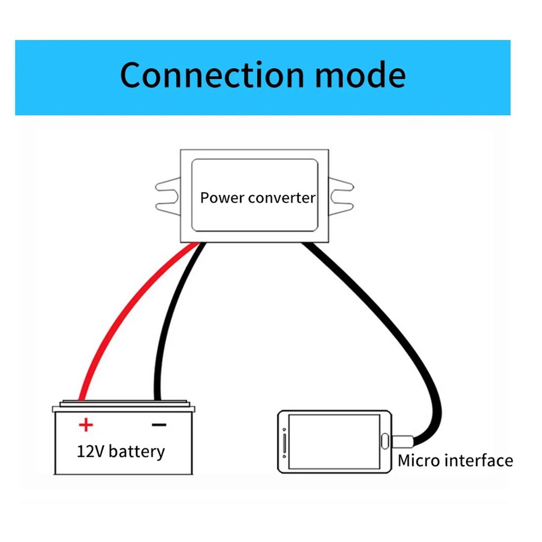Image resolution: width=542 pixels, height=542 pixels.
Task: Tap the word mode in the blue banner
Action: (360, 75)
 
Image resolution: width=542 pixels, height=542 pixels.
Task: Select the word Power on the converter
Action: (222, 198)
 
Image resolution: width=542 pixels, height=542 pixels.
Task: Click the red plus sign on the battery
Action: (85, 424)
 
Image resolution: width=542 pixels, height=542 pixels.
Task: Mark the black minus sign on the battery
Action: (159, 424)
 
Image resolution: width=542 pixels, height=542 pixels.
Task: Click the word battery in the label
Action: (137, 451)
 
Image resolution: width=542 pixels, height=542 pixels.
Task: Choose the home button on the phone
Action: (385, 441)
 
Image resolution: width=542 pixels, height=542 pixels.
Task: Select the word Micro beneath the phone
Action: (419, 460)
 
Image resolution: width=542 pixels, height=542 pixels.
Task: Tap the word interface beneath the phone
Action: (478, 460)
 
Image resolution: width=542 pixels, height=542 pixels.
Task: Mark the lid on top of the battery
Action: (124, 403)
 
